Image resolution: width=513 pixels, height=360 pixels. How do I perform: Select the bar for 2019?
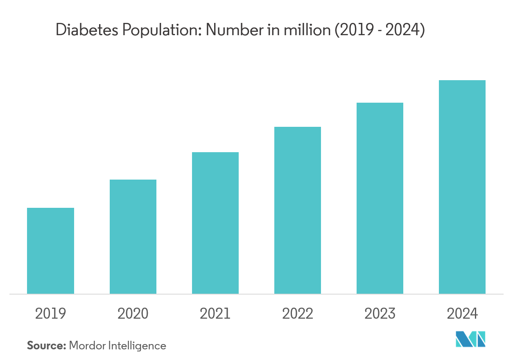[50, 251]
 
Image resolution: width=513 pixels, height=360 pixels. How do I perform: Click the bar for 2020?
[133, 236]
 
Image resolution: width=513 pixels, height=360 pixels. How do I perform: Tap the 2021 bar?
[215, 223]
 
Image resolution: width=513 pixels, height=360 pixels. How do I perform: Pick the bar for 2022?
[298, 210]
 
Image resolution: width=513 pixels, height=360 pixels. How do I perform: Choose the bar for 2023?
[380, 198]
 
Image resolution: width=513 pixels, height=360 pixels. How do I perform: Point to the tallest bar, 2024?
[462, 187]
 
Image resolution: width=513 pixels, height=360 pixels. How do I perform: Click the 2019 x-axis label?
[50, 314]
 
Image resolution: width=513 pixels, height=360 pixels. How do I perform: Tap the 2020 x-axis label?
[133, 314]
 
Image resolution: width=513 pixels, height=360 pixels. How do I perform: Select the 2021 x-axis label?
[215, 314]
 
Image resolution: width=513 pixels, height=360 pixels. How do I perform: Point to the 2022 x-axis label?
[298, 314]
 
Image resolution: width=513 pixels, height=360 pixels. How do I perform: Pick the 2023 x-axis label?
[380, 314]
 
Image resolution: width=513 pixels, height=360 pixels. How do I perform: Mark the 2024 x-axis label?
[462, 314]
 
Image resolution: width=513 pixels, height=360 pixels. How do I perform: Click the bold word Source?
[46, 346]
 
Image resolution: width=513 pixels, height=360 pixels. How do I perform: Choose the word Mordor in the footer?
[87, 346]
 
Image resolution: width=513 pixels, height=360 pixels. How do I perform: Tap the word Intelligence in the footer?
[137, 346]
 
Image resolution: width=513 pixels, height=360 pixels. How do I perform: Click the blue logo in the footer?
[471, 340]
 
